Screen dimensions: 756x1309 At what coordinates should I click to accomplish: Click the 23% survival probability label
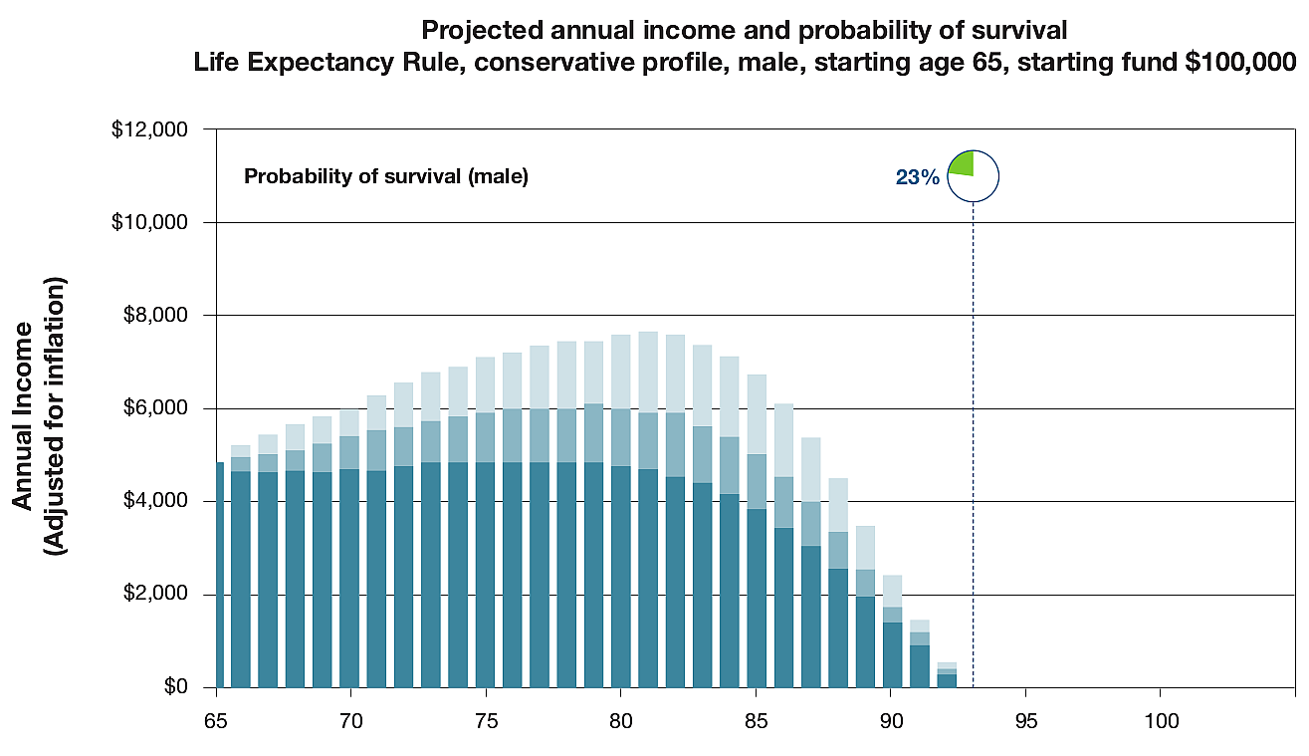(917, 177)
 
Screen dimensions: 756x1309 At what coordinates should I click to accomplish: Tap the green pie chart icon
(972, 176)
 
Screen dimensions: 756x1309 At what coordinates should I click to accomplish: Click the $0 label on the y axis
(176, 687)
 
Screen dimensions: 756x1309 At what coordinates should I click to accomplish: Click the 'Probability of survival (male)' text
(385, 178)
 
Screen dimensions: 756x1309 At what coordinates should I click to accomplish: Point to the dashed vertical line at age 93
(973, 448)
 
